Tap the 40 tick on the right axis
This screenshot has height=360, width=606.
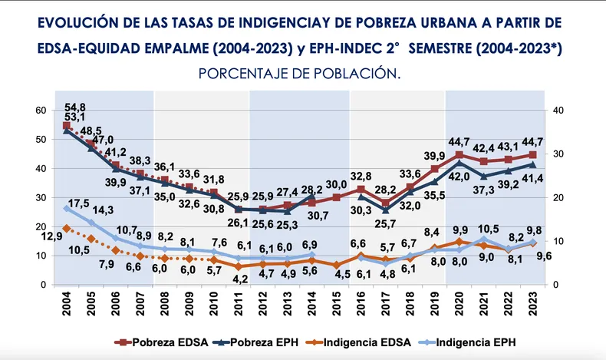point(558,111)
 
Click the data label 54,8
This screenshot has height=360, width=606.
point(75,107)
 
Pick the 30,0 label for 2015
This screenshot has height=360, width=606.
point(336,185)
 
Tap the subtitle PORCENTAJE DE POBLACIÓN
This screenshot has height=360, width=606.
point(299,74)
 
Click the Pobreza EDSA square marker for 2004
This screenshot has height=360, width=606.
point(67,125)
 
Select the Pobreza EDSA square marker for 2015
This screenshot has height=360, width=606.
point(336,197)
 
